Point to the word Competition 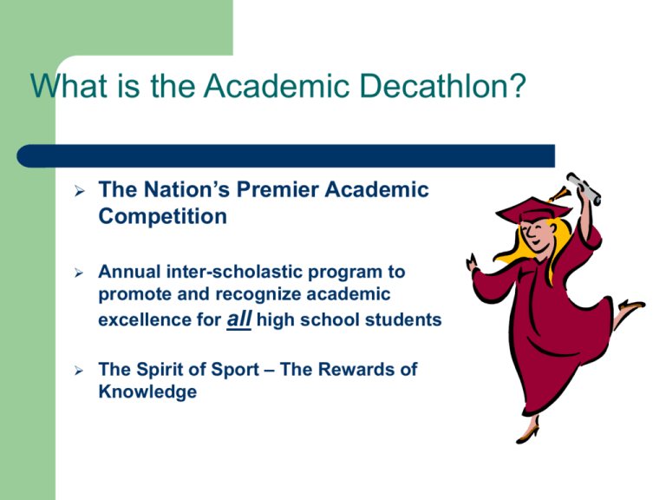coord(163,216)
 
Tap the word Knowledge coord(147,391)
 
